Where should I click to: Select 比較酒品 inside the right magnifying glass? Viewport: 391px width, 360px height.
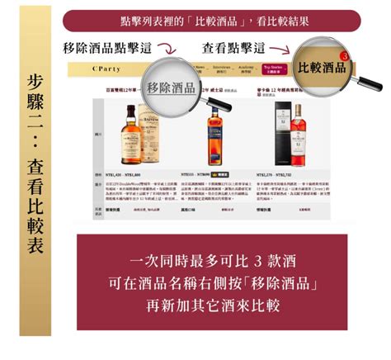pyautogui.click(x=322, y=67)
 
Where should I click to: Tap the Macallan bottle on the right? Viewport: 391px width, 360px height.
pyautogui.click(x=294, y=136)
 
